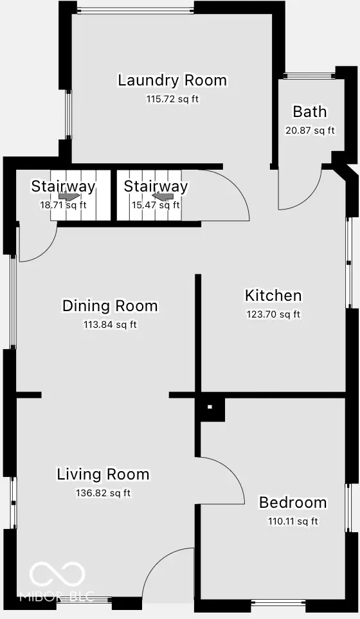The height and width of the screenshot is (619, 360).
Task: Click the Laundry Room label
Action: point(172,80)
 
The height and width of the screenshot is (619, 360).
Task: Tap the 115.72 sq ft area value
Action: point(172,100)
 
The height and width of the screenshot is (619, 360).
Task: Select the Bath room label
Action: point(309,112)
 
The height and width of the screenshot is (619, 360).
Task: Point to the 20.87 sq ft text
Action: point(310,130)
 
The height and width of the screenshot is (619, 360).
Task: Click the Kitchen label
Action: point(273,296)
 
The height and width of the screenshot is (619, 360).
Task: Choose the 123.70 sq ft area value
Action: point(273,314)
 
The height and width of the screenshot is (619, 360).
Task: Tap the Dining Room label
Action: point(110,306)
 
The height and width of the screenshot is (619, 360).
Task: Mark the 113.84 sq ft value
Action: point(110,325)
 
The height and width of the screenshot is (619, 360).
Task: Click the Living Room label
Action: point(103,475)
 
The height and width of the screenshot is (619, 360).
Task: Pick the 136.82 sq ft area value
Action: point(103,494)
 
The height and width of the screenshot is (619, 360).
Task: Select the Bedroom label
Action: point(292,503)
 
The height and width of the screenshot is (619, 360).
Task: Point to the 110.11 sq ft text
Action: point(292,521)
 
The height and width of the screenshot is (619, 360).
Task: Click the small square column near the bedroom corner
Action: point(210,407)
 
